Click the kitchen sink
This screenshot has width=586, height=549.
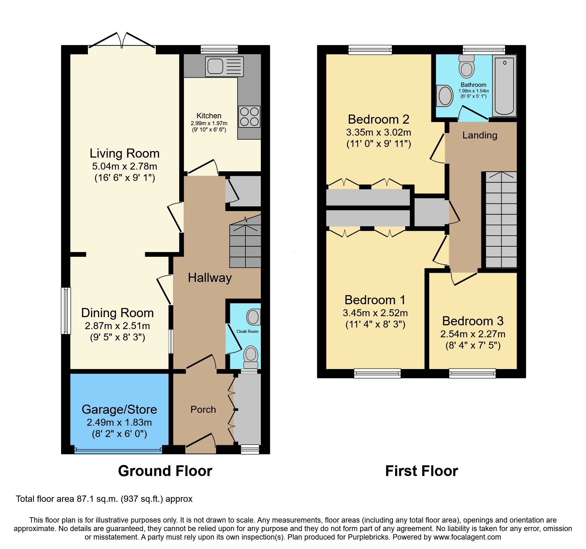pos(224,66)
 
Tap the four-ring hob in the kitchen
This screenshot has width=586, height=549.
pos(249,116)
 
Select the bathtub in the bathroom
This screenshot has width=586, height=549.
pos(504,86)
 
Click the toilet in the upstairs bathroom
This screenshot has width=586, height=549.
pos(467,66)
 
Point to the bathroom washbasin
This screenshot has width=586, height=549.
pos(445,96)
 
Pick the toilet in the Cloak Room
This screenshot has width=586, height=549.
pos(251,357)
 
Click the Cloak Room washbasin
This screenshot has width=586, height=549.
pos(253,317)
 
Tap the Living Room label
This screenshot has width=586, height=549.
pos(125,153)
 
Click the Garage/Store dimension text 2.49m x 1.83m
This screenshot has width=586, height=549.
pos(119,422)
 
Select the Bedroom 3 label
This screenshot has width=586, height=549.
pos(473,321)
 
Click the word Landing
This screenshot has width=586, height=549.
pos(480,135)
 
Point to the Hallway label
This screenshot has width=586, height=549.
pos(210,278)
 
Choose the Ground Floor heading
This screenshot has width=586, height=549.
pos(165,471)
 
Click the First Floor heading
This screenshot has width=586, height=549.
pos(422,471)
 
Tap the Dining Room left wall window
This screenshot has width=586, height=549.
pos(66,311)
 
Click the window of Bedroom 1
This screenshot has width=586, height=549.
pos(377,373)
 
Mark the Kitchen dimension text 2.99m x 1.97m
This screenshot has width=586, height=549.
pos(209,123)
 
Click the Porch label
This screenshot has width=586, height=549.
pos(203,409)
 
